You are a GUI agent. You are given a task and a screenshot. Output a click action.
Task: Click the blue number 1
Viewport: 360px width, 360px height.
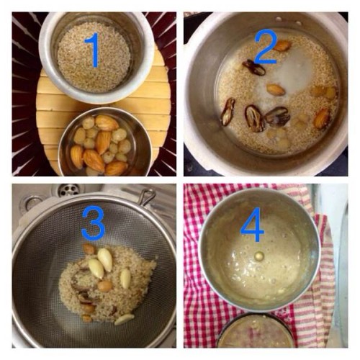pos(93,50)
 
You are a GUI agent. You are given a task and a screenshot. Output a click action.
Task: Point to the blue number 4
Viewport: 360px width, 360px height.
pos(252,224)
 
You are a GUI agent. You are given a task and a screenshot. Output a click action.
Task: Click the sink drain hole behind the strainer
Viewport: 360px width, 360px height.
pos(68,189)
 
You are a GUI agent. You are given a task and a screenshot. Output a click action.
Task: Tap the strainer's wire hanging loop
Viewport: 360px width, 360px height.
pos(147,196)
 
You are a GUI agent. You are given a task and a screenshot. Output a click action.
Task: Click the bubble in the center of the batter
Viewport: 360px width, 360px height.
pos(258,256)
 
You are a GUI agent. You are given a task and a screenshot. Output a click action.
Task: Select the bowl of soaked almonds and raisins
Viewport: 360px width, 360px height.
pos(105,142)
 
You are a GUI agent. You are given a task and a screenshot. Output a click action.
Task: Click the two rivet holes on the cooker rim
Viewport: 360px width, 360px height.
pos(288,21)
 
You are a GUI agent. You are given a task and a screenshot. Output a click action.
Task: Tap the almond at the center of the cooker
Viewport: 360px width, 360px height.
pos(276,89)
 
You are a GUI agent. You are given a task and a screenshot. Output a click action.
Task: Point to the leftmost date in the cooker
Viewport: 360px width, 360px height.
pos(228,112)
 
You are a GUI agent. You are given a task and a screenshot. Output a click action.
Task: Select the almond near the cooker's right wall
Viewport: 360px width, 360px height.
pos(321,118)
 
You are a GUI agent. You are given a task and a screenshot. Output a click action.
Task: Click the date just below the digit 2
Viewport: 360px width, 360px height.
pos(254,68)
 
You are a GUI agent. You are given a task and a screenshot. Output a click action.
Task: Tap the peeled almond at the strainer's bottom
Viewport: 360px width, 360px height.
pos(124,320)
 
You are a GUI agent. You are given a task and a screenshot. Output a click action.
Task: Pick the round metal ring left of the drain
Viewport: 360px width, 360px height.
pos(34,203)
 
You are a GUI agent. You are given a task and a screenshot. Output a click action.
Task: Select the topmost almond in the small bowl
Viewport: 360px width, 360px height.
pos(107,122)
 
